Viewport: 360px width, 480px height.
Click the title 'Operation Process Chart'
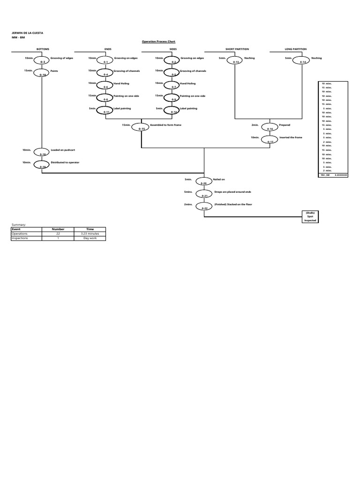coord(158,41)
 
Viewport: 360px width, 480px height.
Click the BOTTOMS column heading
coord(43,49)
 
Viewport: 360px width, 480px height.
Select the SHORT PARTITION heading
coord(237,49)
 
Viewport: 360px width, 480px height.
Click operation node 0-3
coord(43,60)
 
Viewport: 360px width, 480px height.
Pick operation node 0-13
coord(237,60)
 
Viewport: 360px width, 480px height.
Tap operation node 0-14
coord(303,60)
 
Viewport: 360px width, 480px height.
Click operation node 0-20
coord(204,181)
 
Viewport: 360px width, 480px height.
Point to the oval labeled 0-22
coord(204,206)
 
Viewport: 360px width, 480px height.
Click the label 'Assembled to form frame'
coord(165,125)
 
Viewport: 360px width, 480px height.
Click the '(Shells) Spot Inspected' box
coord(310,216)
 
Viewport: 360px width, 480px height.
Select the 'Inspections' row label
coord(20,238)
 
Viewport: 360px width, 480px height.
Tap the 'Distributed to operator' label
coord(65,162)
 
